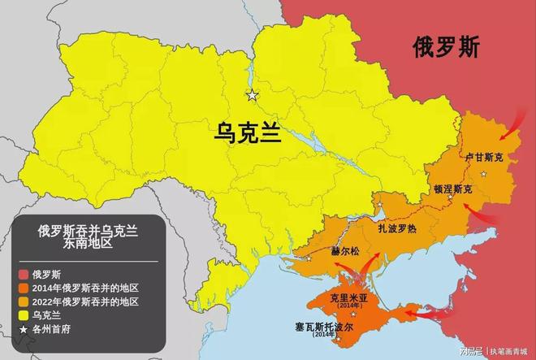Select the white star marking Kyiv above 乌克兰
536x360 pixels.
[x=253, y=95]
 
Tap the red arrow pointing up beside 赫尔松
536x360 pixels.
[x=374, y=264]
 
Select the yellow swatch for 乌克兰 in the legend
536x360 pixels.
[x=24, y=314]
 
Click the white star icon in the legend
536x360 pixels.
[x=24, y=329]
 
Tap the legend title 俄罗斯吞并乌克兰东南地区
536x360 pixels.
[x=88, y=237]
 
